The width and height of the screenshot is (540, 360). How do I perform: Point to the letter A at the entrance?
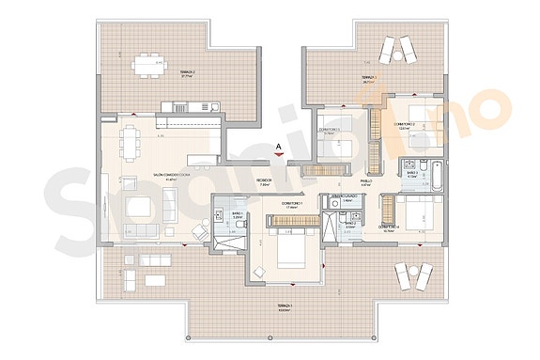pyautogui.click(x=279, y=146)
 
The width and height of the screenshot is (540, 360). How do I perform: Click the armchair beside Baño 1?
pyautogui.click(x=200, y=231)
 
